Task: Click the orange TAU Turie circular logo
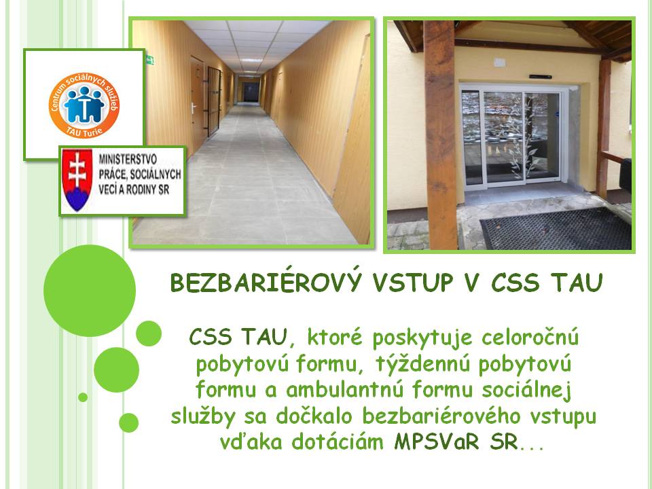point(84,105)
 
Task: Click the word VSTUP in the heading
point(412,283)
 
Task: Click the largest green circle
point(90,291)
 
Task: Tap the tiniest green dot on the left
point(83,397)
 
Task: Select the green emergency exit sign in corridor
point(149,60)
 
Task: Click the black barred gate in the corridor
point(214,101)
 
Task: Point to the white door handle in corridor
point(194,108)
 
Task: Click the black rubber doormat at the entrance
point(556,229)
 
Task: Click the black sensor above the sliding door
point(541,77)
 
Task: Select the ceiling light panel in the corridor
point(251,60)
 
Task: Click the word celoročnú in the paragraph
point(530,338)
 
